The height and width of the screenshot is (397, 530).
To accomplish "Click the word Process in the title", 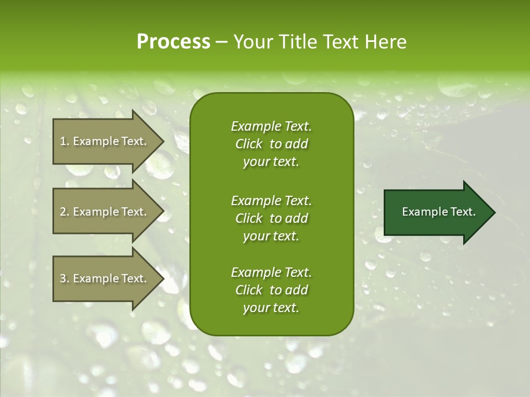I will (173, 42).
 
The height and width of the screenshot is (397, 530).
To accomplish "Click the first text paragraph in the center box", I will (271, 144).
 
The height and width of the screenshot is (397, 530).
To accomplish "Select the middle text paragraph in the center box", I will (271, 218).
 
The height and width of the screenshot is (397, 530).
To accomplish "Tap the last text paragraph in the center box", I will (271, 290).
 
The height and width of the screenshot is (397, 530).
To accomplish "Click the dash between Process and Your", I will (221, 42).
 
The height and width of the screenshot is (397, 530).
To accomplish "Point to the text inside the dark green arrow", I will (438, 212).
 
